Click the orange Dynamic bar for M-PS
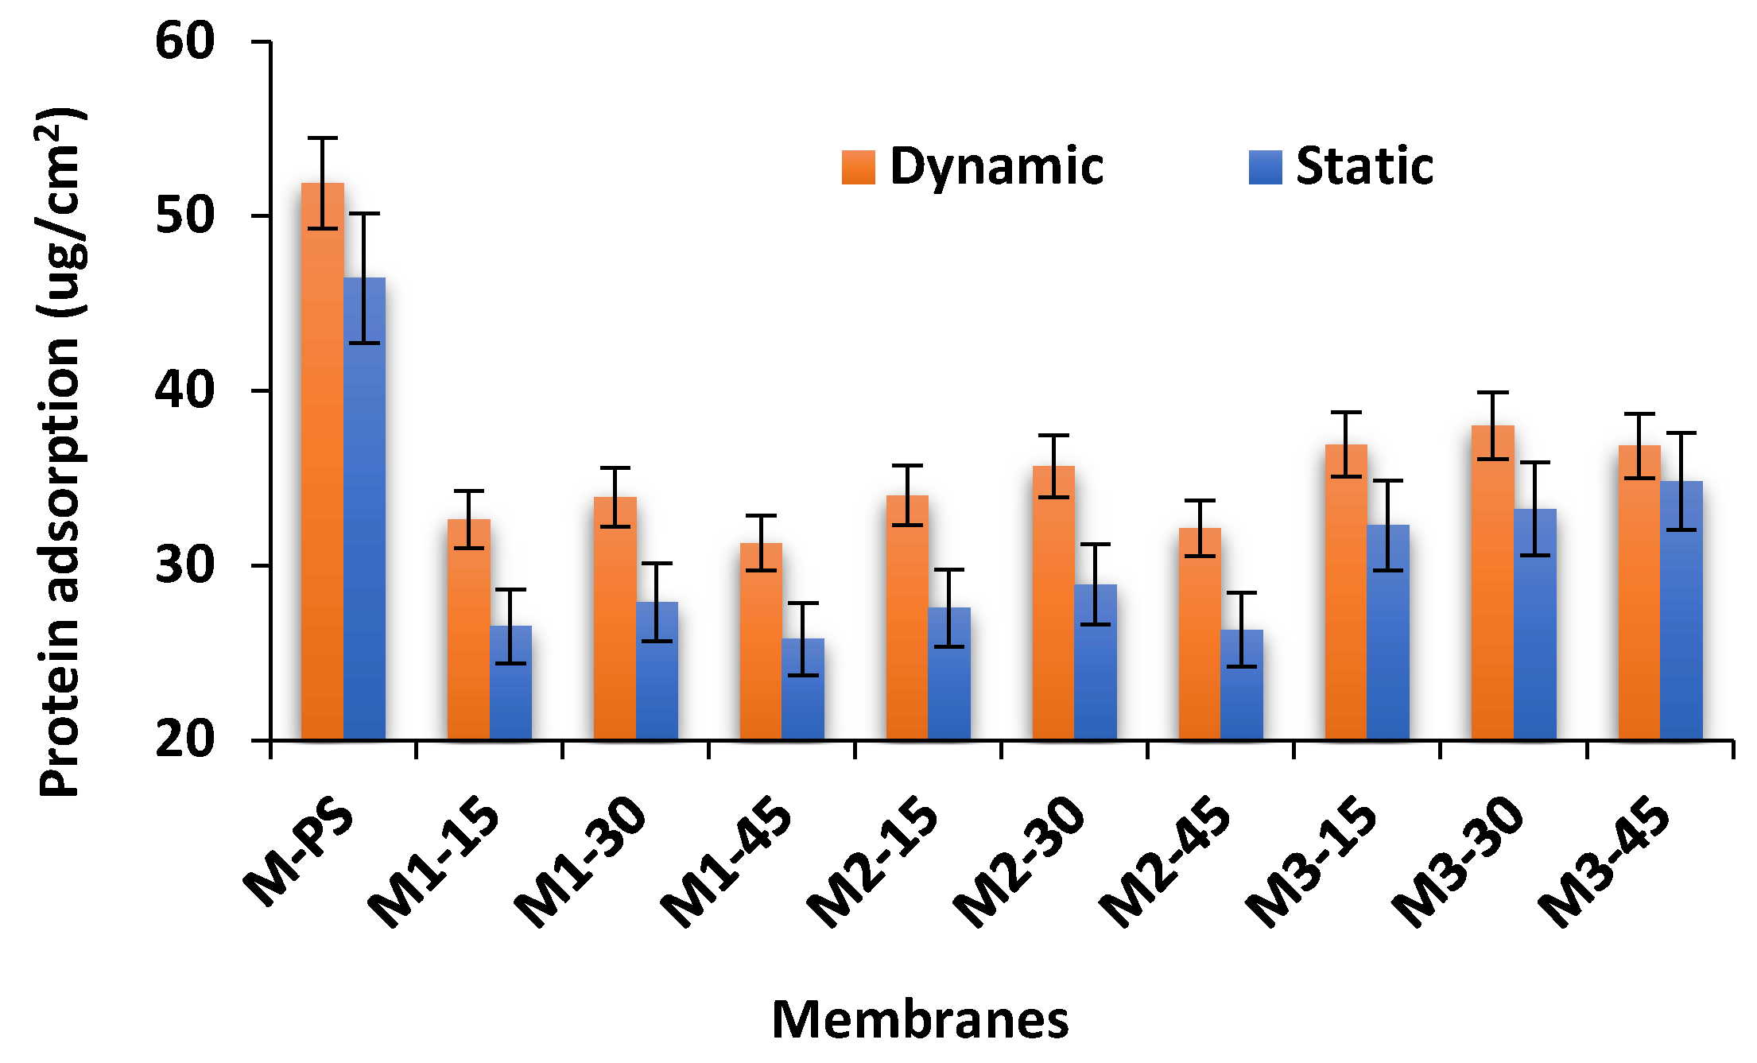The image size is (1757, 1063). [322, 477]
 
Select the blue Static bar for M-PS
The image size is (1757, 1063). [364, 517]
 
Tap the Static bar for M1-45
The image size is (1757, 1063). [803, 692]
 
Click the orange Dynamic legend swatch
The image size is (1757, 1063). [859, 167]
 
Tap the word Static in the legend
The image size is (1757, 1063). [1364, 167]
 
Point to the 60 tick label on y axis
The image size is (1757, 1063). [184, 41]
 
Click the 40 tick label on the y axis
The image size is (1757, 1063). [184, 390]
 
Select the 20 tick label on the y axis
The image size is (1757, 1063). [184, 739]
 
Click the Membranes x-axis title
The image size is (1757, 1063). [920, 1020]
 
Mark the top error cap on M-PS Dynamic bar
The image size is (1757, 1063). [322, 138]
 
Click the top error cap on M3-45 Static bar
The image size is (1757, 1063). [1681, 433]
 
